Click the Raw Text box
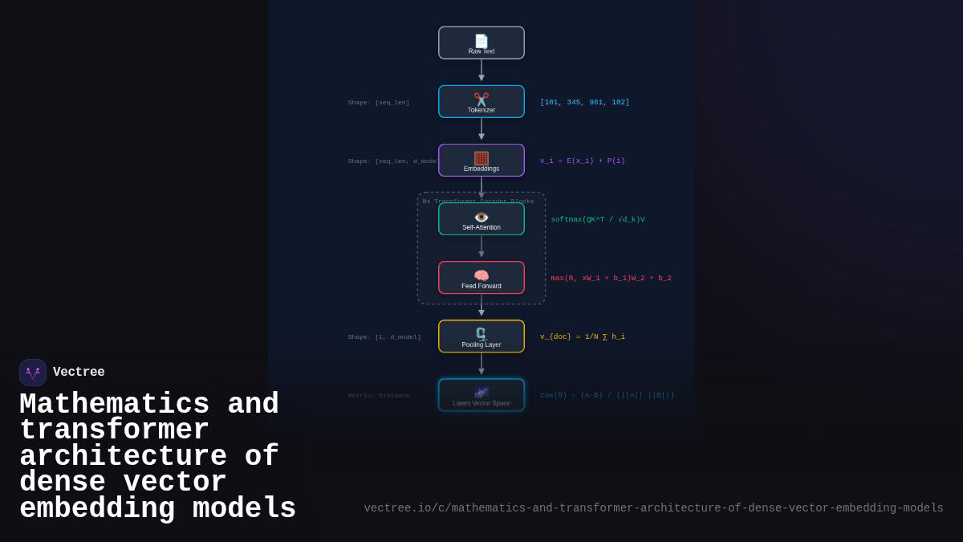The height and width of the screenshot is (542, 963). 481,43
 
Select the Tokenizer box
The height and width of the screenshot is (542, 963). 481,102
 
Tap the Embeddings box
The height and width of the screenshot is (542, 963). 481,161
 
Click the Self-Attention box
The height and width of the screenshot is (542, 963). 481,219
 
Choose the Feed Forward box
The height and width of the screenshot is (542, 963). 481,278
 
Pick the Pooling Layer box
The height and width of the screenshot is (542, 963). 481,336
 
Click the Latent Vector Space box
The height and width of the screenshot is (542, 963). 481,395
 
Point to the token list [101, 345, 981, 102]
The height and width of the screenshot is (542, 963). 584,103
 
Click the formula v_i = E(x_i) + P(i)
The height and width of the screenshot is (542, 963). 582,161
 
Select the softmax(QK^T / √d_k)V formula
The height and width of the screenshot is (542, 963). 597,220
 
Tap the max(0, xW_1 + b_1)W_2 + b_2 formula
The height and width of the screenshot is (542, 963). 611,279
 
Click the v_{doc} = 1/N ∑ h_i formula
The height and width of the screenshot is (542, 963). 582,337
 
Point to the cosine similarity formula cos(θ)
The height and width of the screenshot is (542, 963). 607,396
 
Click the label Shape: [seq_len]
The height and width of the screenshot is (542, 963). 378,103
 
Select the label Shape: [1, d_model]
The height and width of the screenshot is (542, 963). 384,337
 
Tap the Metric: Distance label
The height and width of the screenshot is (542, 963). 378,396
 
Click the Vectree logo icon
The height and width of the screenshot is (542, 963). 33,373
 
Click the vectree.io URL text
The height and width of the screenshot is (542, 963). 653,508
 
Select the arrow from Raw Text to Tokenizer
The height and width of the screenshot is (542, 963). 481,71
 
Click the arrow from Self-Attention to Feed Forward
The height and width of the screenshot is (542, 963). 481,247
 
